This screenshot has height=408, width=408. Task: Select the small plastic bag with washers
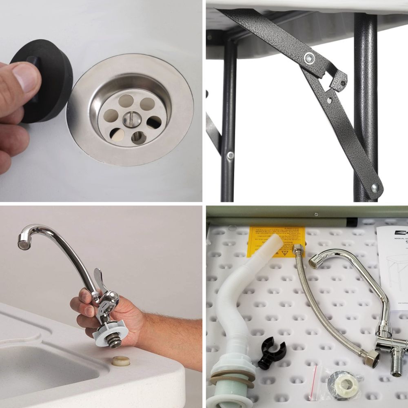click(x=337, y=382)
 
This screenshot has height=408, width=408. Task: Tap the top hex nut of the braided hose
click(x=297, y=249)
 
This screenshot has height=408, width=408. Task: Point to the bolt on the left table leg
click(x=231, y=155)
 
